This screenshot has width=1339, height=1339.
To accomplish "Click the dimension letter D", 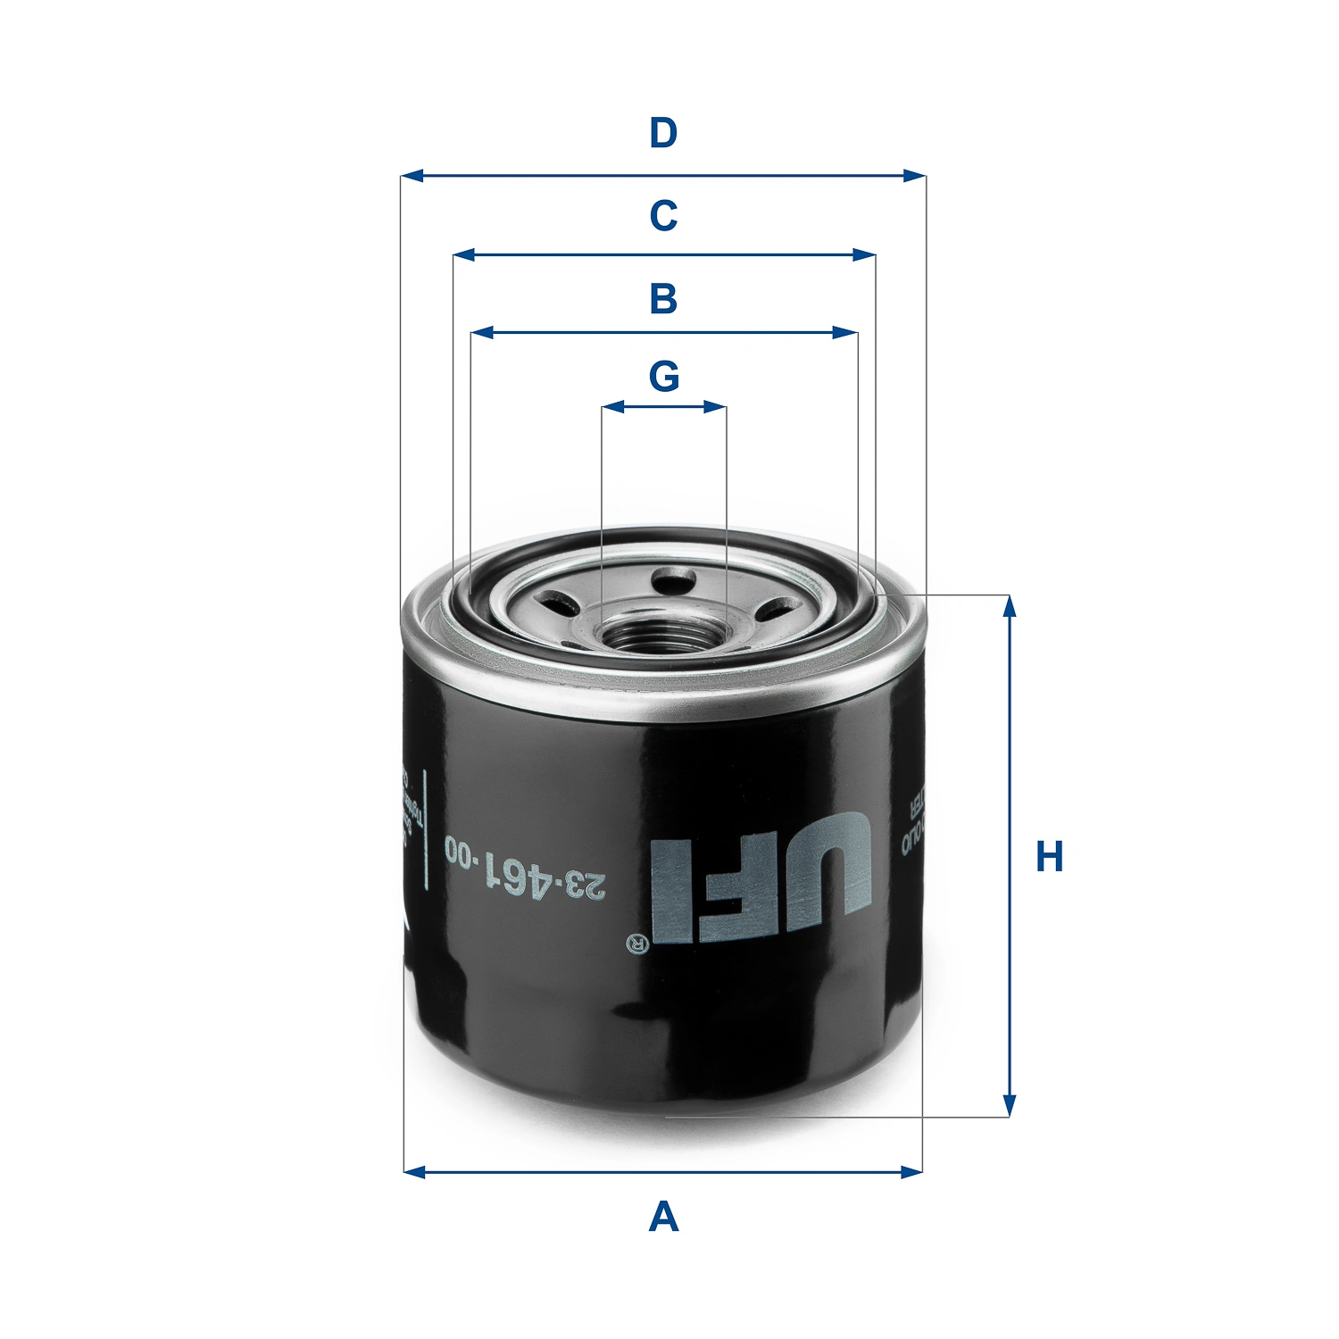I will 663,134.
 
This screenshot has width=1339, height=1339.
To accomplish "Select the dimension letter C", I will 663,216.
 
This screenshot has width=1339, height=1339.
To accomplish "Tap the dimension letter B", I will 663,298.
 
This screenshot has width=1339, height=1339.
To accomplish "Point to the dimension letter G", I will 663,377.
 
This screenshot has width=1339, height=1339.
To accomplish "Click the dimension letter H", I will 1049,857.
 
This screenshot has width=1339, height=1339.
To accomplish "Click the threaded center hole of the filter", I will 663,636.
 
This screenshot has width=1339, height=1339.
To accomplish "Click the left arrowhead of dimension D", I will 411,176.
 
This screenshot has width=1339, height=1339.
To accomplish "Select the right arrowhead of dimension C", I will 865,255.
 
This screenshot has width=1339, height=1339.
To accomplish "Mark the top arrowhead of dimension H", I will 1010,606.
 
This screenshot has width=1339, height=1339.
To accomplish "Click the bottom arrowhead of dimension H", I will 1010,1106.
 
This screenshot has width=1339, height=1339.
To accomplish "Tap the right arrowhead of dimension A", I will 912,1171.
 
